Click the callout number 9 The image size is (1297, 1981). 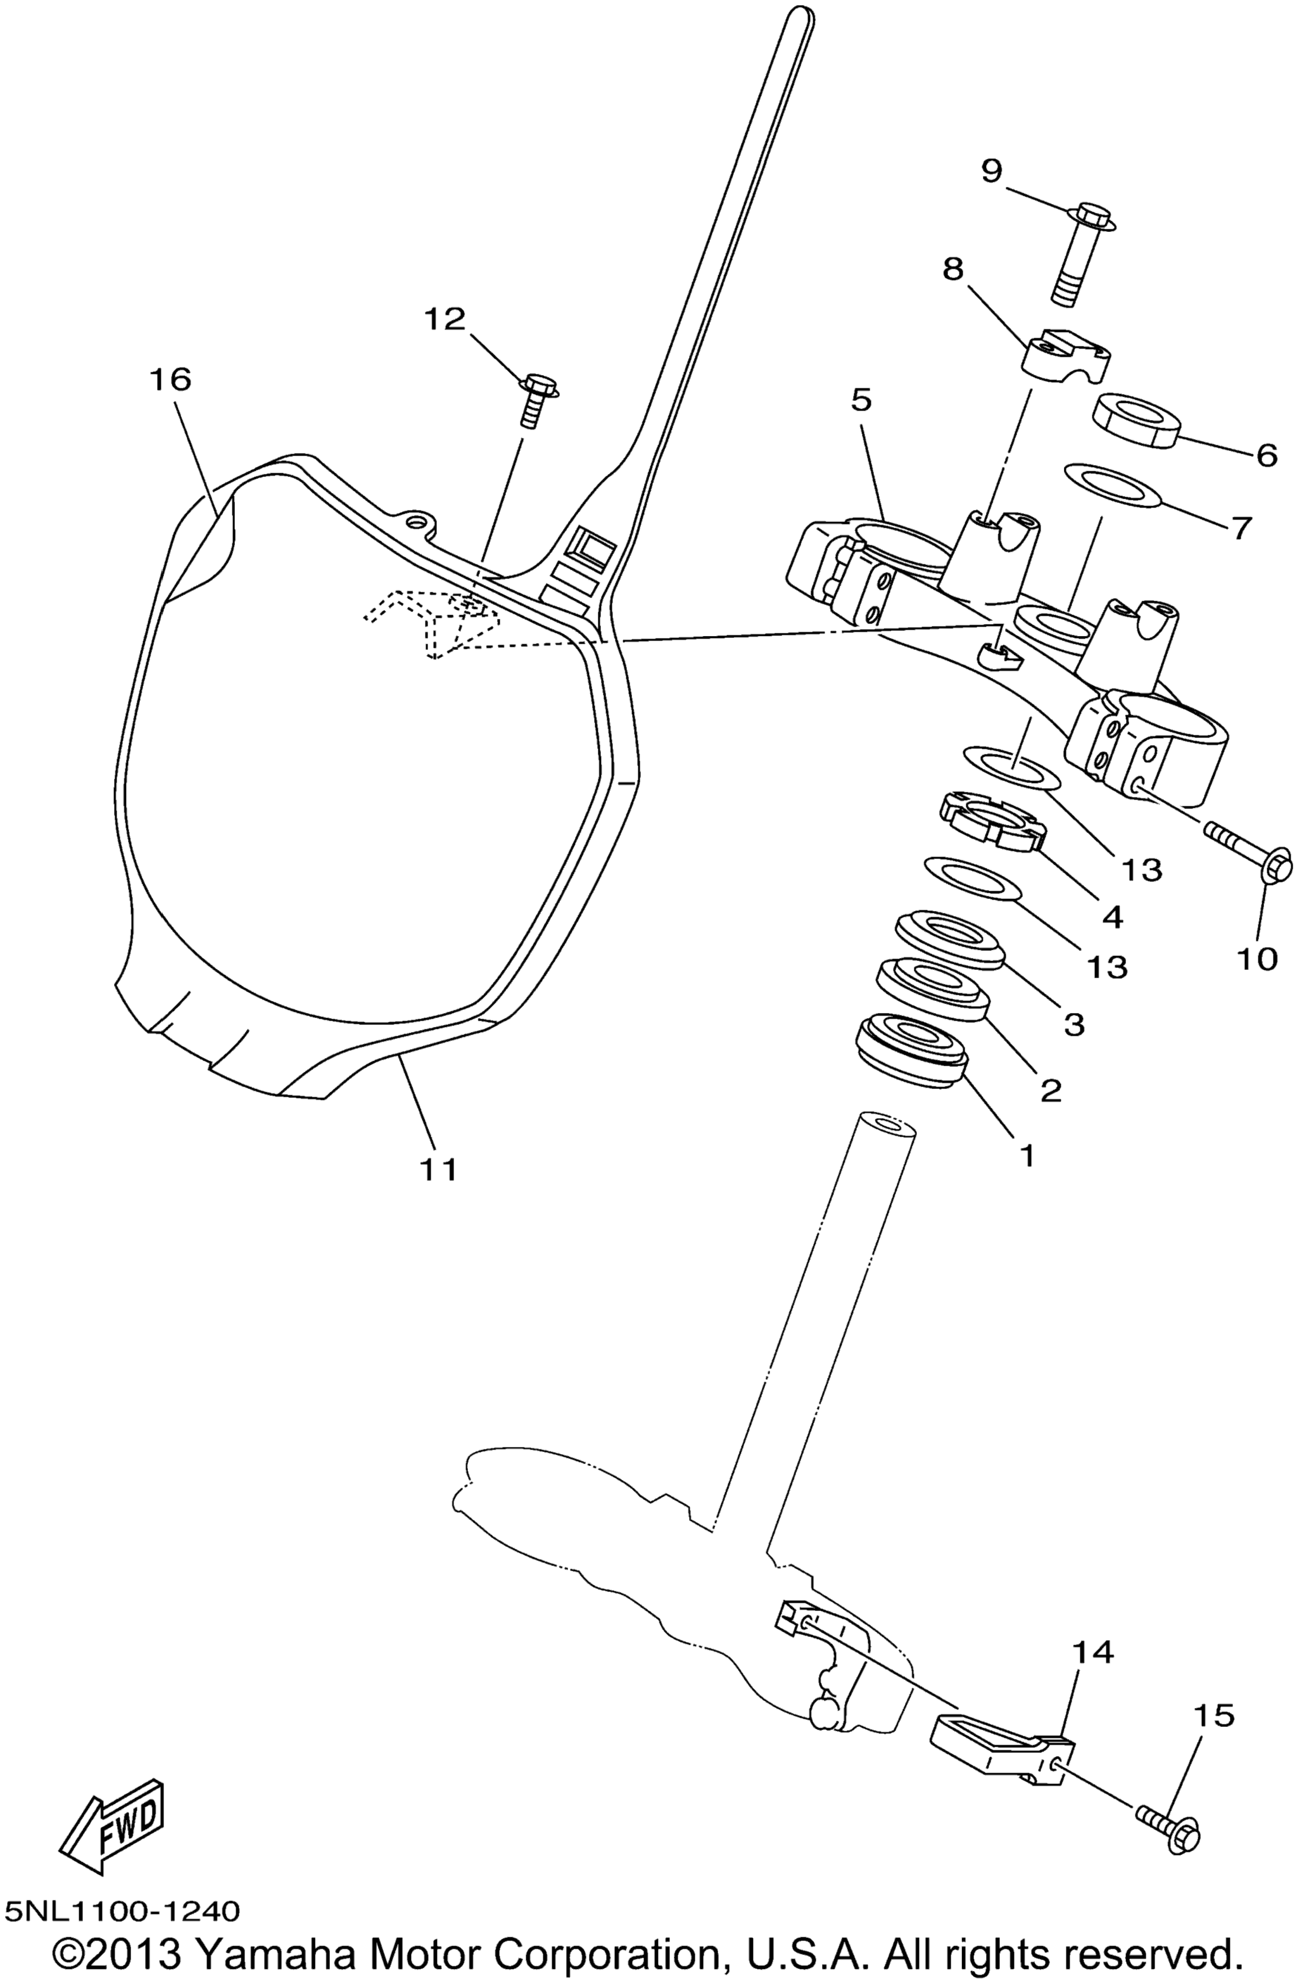(x=991, y=172)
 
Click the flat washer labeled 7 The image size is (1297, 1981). (x=1112, y=486)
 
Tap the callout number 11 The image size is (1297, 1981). (x=438, y=1169)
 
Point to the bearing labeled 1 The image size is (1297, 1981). (x=913, y=1050)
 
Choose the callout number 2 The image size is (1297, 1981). (x=1051, y=1089)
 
